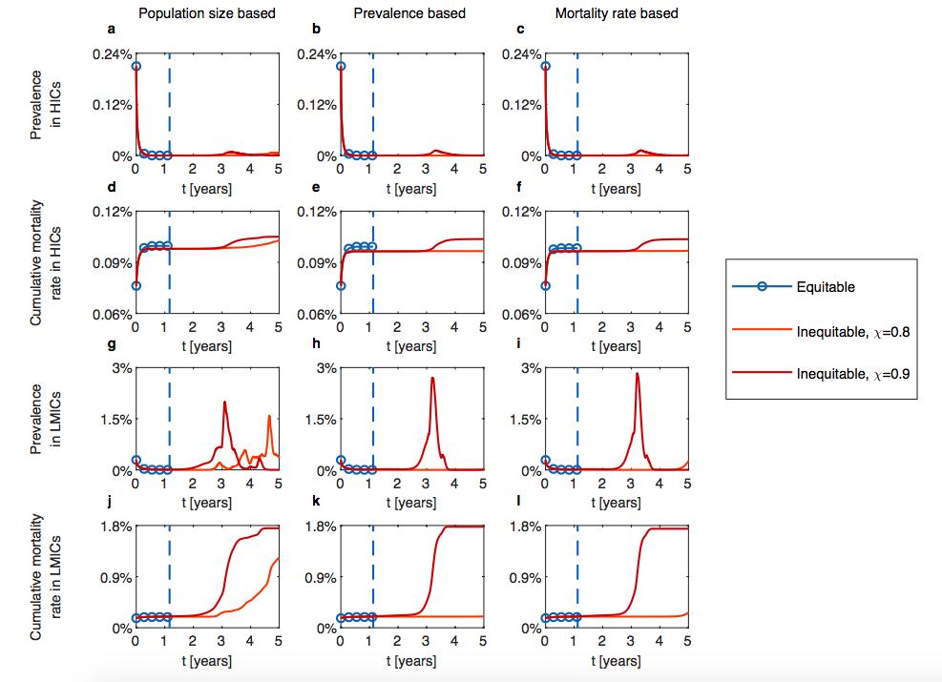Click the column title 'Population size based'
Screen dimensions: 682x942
pos(207,13)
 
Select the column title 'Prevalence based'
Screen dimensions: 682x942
pos(409,13)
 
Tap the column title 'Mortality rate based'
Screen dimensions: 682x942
pos(616,13)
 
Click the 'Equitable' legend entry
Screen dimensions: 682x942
pos(826,287)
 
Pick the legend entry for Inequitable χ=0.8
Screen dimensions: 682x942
pos(853,331)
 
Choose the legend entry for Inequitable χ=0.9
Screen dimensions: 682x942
pos(853,374)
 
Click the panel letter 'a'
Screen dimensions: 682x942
pos(111,30)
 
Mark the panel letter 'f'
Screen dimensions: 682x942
pos(520,188)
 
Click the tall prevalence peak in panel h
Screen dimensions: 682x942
pos(432,379)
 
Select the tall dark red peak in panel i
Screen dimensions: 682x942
pos(637,375)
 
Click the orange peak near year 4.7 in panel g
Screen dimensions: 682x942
pos(269,417)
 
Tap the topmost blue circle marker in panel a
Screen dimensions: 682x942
pos(136,66)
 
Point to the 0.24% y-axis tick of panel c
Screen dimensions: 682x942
pos(523,53)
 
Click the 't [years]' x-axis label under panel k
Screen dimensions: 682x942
pos(410,660)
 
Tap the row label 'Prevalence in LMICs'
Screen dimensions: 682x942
pos(45,419)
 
